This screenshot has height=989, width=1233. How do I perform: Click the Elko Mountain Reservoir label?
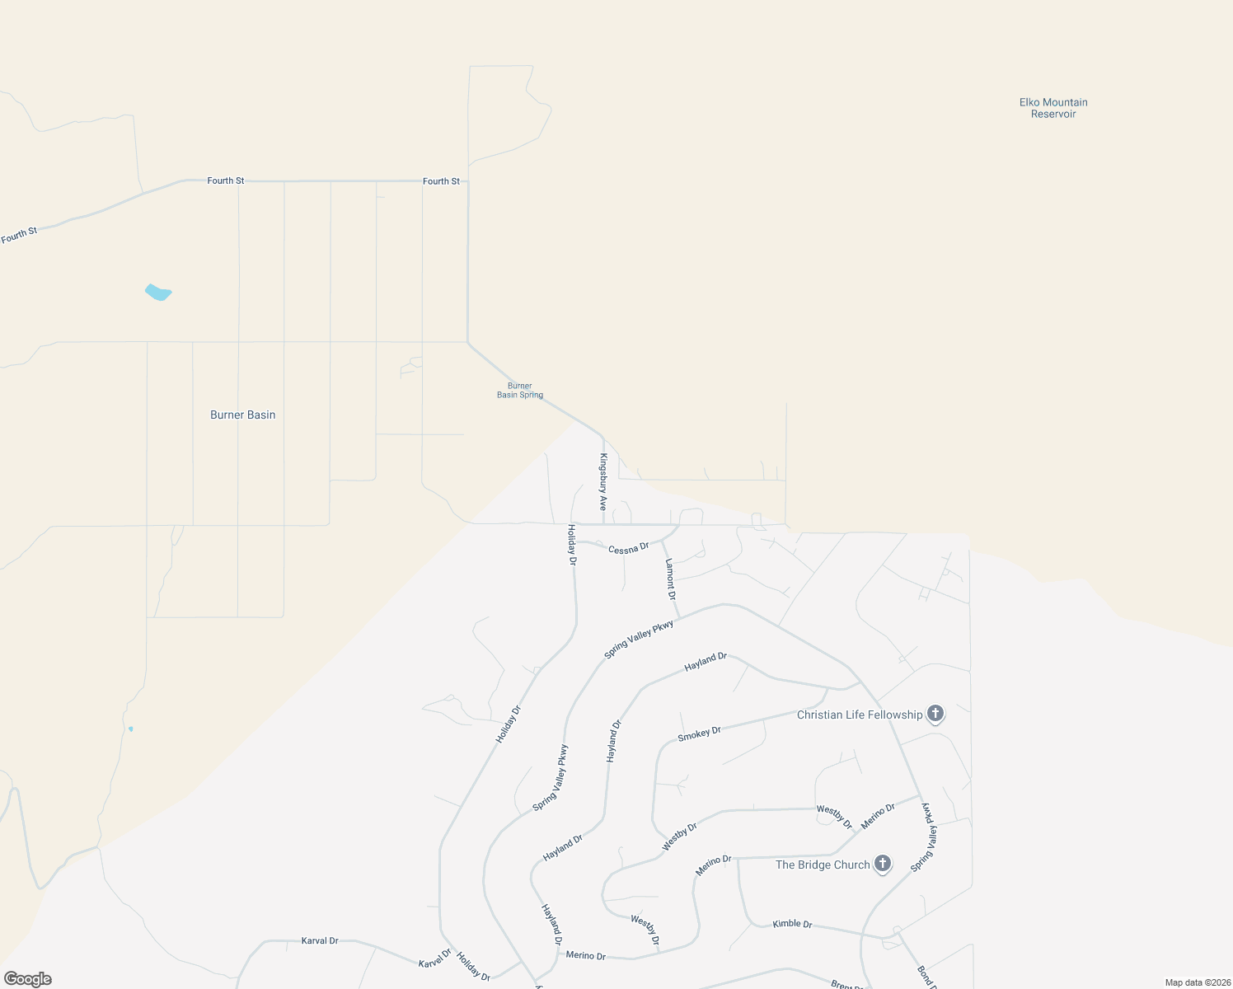coord(1053,108)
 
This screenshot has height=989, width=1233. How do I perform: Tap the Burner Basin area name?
coord(242,415)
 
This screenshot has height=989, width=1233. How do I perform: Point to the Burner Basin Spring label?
coord(520,391)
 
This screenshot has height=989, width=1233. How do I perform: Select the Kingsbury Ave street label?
coord(603,482)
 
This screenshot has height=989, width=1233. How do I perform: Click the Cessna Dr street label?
coord(629,548)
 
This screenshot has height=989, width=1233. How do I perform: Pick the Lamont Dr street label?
coord(671,579)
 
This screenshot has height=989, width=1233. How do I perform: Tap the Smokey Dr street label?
coord(699,734)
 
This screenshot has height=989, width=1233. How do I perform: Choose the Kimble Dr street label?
coord(792,924)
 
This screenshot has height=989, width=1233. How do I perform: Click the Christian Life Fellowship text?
coord(860,715)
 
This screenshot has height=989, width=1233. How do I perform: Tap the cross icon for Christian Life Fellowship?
coord(935,713)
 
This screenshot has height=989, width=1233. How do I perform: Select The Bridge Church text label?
coord(823,865)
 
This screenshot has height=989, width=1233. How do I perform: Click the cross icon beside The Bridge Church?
coord(883,864)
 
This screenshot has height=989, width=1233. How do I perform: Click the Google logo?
coord(28,979)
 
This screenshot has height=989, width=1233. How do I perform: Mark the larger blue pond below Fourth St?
coord(158,293)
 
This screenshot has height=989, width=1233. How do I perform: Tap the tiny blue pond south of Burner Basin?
coord(130,729)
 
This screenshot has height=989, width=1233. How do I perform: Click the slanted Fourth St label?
coord(20,236)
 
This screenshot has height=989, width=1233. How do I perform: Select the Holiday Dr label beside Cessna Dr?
coord(571,545)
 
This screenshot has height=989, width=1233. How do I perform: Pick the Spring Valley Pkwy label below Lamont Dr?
coord(639,640)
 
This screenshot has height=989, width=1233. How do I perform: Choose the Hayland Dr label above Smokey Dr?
coord(706,662)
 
